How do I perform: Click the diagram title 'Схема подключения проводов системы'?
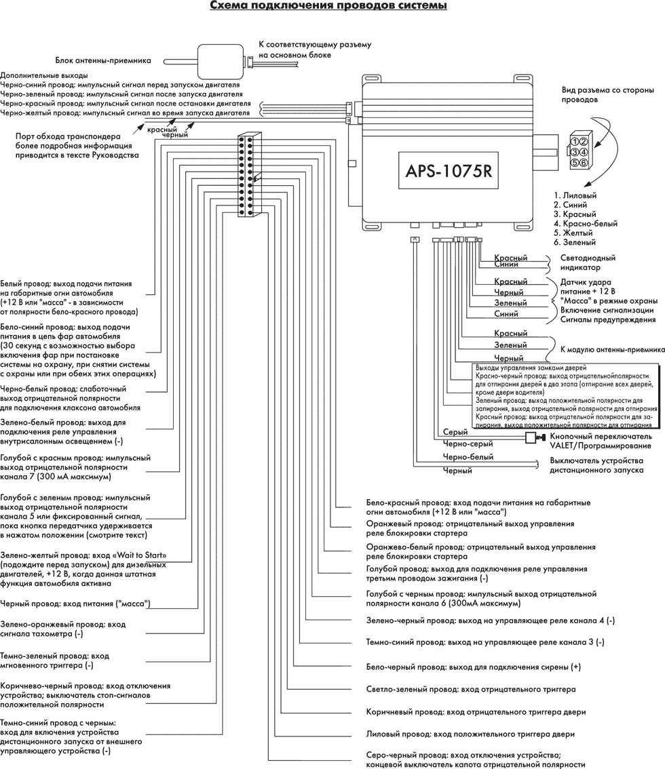328,7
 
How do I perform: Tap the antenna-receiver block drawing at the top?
219,60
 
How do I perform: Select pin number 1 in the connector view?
574,142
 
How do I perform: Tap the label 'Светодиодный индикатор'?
588,262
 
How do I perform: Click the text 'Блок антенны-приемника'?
102,60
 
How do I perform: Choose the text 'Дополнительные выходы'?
44,75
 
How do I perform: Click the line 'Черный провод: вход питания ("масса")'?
75,603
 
